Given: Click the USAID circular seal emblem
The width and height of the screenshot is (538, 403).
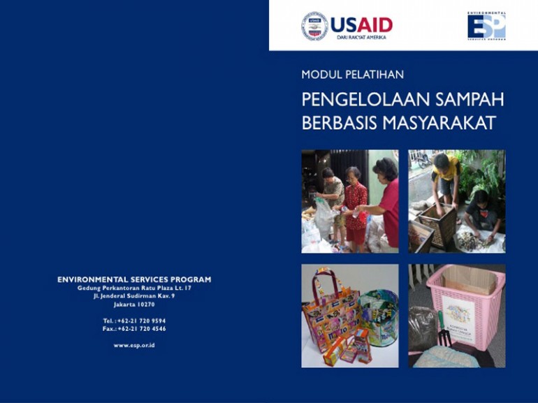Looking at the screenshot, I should tap(314, 26).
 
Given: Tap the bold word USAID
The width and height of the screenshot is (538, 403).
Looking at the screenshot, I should tap(361, 25).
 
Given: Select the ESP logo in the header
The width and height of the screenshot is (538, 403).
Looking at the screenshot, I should tap(486, 25).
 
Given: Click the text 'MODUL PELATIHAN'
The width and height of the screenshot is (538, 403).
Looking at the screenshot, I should tap(352, 74).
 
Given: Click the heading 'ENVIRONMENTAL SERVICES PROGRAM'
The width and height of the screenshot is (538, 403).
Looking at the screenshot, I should tap(134, 279).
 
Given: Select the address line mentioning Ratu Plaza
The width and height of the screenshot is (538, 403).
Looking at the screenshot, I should tap(134, 288).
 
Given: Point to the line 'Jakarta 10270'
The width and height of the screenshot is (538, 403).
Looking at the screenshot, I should tap(134, 305).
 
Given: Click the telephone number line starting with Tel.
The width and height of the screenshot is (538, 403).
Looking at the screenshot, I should tap(134, 321).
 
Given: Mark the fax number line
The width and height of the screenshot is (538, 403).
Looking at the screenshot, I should tap(134, 328).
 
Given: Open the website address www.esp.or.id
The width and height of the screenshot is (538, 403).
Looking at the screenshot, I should tap(134, 345).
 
